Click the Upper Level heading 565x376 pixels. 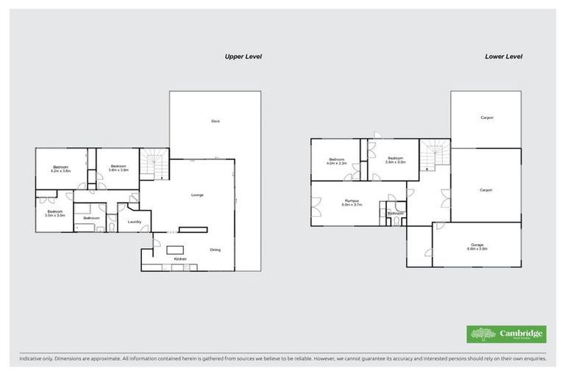click(244, 56)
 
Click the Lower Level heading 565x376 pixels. click(504, 56)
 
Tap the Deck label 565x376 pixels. click(216, 121)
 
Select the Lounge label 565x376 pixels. click(197, 195)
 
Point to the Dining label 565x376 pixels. click(215, 250)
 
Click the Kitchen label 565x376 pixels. click(180, 259)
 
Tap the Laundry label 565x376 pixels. click(134, 221)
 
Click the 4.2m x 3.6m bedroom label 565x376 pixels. click(60, 169)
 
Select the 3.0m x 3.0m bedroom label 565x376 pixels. click(55, 214)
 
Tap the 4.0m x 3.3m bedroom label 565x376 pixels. click(337, 161)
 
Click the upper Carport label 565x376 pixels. click(486, 117)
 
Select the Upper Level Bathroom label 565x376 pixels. click(91, 218)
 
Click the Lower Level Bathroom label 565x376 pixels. click(396, 214)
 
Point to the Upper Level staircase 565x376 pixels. click(154, 164)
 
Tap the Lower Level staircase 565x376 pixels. click(433, 155)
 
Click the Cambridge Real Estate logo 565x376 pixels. click(507, 334)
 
